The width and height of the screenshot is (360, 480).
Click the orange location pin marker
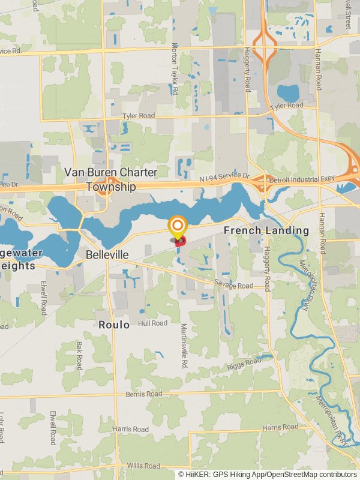click(178, 228)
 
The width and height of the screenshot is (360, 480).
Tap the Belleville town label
click(107, 254)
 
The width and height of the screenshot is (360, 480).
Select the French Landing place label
click(266, 230)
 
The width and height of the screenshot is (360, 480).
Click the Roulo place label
click(114, 325)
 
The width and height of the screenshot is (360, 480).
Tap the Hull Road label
click(152, 323)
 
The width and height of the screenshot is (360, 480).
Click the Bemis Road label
click(144, 394)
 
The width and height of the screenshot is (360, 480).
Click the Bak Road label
click(79, 355)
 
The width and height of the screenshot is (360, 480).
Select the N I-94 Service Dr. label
click(215, 178)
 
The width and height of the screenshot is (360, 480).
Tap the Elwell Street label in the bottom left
click(53, 427)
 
